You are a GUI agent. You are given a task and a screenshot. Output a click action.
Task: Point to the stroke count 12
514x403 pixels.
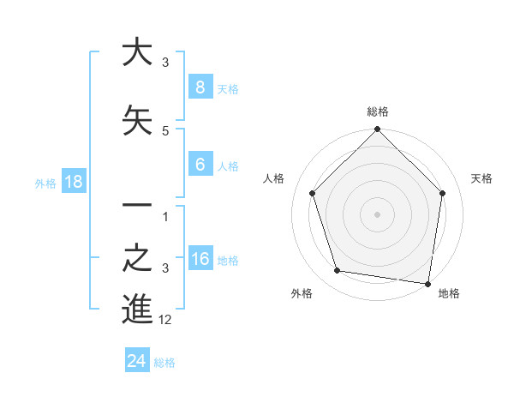click(166, 320)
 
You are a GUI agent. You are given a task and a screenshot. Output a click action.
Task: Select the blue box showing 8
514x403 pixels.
click(200, 87)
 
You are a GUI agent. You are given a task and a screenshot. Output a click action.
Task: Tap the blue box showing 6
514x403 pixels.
click(200, 165)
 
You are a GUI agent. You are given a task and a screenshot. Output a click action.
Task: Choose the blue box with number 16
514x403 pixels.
click(200, 259)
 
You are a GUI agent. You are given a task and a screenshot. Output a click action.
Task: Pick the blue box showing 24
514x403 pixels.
click(136, 361)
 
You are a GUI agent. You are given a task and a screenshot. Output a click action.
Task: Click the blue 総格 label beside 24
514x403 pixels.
click(164, 363)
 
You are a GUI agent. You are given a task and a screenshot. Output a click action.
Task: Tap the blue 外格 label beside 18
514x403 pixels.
click(45, 183)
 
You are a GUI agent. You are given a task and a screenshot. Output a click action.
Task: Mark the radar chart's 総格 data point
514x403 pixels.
click(377, 130)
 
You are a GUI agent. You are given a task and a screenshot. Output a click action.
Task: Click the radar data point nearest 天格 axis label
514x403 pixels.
click(443, 193)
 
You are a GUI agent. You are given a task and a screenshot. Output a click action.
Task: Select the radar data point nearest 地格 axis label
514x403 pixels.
click(427, 283)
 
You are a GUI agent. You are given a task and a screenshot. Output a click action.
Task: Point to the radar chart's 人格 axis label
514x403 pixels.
click(274, 178)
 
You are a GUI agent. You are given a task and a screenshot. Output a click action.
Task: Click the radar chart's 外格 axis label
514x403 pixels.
click(301, 293)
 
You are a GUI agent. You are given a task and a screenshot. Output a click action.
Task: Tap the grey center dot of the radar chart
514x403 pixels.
click(377, 214)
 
